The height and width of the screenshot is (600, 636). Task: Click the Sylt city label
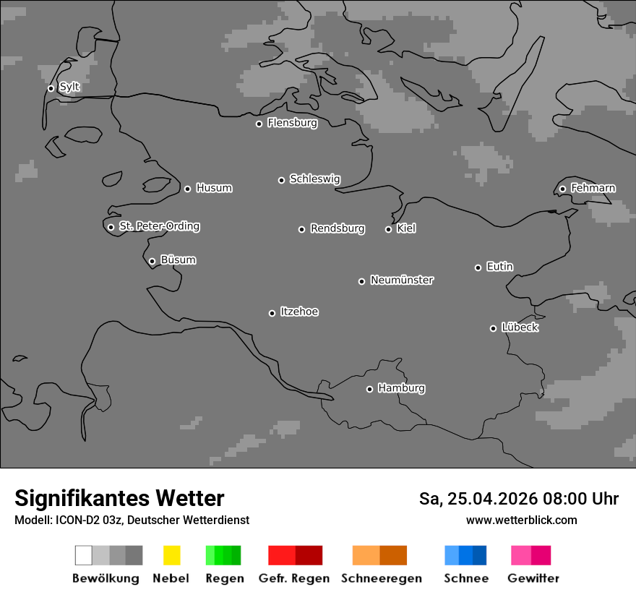(x=69, y=87)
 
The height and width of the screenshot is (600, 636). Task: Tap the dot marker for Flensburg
(x=259, y=124)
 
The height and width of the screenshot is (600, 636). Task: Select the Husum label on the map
(x=214, y=188)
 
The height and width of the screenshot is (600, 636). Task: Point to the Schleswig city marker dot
(x=281, y=180)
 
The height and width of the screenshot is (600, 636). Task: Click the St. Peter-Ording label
(x=159, y=226)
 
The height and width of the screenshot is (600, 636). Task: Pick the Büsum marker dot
(x=152, y=261)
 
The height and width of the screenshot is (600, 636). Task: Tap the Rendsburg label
(x=338, y=228)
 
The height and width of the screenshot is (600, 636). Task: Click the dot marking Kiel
(x=388, y=229)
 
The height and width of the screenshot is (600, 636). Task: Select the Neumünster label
(x=402, y=280)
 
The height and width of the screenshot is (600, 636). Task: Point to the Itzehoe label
(x=299, y=312)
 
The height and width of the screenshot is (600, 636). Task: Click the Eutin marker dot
(x=478, y=267)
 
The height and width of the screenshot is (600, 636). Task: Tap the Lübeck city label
(x=520, y=327)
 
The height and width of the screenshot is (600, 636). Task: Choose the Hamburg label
(x=401, y=388)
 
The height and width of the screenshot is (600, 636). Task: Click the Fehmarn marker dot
(x=562, y=189)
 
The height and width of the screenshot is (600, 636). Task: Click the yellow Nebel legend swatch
(x=171, y=555)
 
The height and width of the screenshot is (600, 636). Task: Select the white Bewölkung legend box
(x=83, y=555)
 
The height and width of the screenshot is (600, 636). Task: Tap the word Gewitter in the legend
(x=533, y=578)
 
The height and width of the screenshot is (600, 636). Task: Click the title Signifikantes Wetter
(x=119, y=498)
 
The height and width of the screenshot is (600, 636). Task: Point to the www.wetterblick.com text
(x=521, y=520)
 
